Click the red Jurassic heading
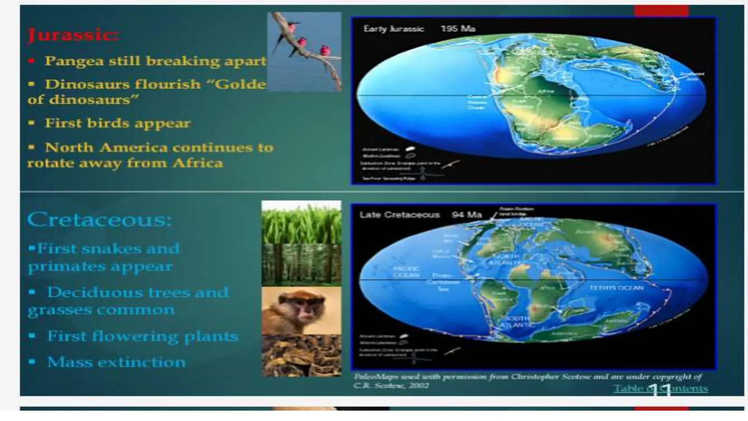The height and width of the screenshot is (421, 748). tap(73, 35)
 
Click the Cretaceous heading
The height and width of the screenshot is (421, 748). tap(99, 220)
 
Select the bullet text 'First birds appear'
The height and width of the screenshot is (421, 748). tap(118, 123)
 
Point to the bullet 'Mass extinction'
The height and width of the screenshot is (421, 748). tap(116, 363)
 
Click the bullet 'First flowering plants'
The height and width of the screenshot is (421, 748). tap(142, 336)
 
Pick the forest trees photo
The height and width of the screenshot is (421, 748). tap(301, 265)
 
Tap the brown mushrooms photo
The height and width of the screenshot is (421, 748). tap(301, 356)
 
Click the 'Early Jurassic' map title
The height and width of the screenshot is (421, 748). tap(393, 29)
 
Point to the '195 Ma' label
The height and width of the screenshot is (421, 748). tap(458, 29)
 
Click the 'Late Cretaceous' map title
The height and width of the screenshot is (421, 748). tap(399, 215)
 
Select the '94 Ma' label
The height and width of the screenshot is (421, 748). tap(466, 215)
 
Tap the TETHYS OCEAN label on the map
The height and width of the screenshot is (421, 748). tap(616, 288)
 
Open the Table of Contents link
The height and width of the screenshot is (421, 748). tap(660, 388)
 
